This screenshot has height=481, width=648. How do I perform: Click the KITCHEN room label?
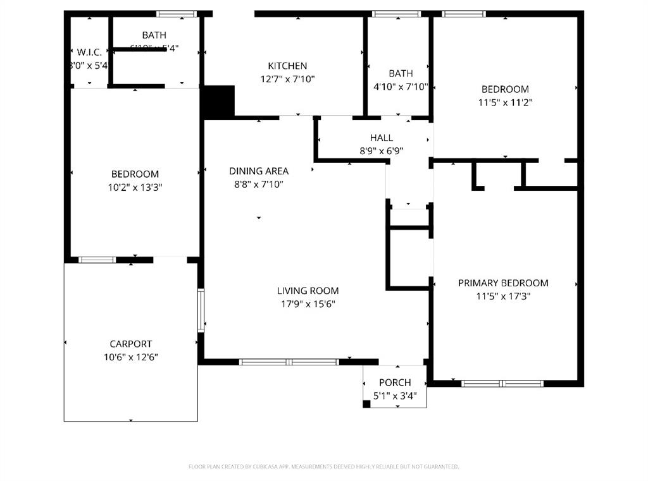point(287,66)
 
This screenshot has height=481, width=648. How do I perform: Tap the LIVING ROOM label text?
point(308,291)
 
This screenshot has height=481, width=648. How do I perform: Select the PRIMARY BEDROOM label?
point(503,283)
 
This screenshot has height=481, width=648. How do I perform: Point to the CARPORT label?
point(130,344)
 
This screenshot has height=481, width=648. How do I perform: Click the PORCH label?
point(395,382)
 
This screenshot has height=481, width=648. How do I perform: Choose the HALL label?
point(381,138)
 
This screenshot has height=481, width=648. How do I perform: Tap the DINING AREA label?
point(259,171)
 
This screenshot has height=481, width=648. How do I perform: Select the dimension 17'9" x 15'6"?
point(308,304)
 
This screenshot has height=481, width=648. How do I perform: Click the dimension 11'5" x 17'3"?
point(503,296)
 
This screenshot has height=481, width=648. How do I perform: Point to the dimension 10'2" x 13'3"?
point(135,187)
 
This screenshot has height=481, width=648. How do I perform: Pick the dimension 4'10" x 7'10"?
point(401,87)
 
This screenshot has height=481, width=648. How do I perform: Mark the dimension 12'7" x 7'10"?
point(287,79)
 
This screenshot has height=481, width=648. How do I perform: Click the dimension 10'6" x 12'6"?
point(130,357)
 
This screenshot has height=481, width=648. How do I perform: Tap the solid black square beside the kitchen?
point(218,101)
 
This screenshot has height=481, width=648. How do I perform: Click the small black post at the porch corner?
point(366,404)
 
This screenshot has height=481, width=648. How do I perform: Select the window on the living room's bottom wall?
point(289,362)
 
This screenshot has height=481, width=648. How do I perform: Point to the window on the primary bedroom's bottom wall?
point(502,383)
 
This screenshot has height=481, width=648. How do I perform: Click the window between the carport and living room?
point(201,310)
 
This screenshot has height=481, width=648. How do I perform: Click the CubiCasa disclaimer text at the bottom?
point(323,466)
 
